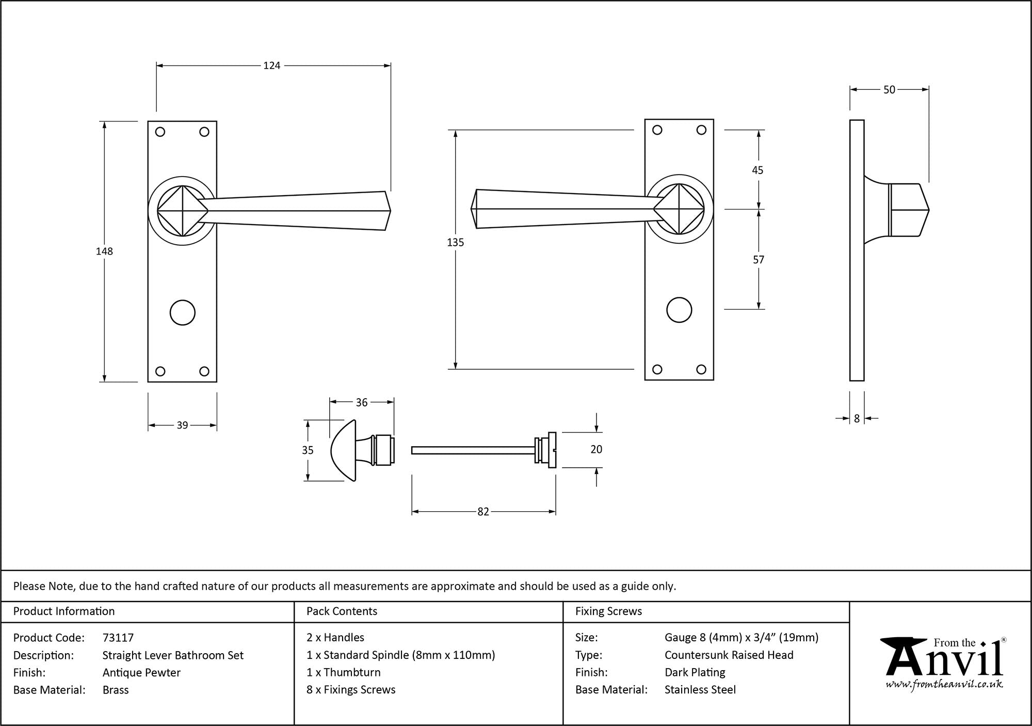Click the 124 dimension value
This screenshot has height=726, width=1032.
point(271,66)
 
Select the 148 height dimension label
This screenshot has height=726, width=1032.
point(104,251)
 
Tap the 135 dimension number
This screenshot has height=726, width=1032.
point(456,242)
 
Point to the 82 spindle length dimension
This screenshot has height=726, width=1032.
point(483,512)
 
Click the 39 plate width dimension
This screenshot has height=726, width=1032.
point(182,425)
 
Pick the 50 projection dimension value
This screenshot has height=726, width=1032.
point(889,90)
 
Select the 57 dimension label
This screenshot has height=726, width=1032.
point(758,260)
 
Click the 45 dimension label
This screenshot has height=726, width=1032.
point(757,170)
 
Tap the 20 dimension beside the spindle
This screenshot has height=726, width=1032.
point(596,450)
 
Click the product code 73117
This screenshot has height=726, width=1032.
point(118,638)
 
